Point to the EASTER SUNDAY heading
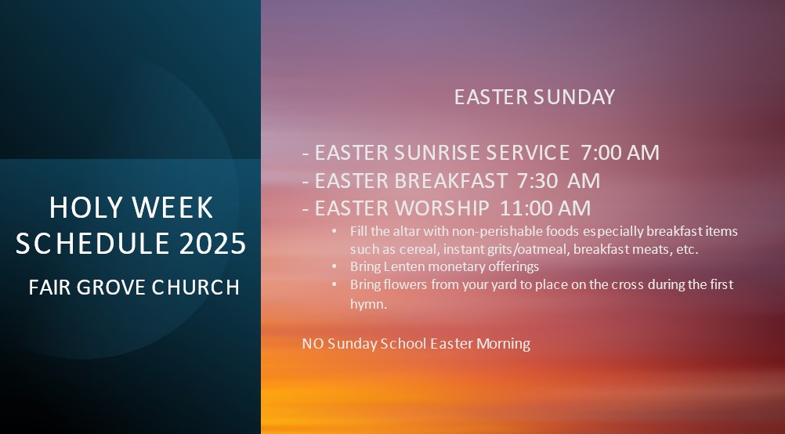(534, 96)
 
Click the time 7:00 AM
(620, 152)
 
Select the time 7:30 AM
(559, 180)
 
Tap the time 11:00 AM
(545, 208)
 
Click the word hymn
(368, 304)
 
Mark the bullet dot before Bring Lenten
(335, 266)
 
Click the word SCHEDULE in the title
(93, 243)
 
